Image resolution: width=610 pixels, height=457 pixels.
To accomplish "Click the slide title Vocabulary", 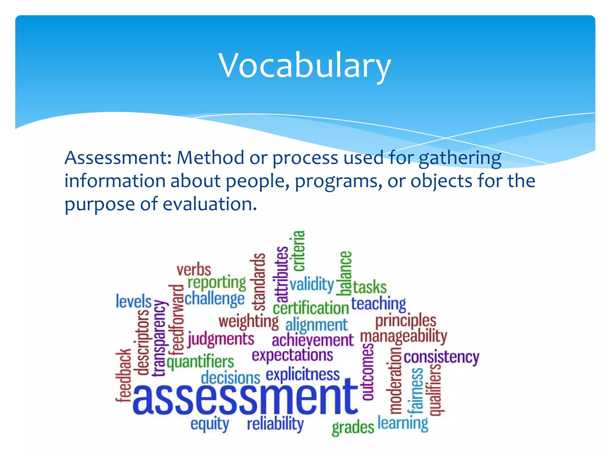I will click(304, 65).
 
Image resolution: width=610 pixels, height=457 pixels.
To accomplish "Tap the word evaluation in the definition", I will click(209, 204).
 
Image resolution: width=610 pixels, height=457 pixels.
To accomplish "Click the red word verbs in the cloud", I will click(194, 270).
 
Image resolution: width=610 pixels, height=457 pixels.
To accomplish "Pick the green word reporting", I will click(217, 283).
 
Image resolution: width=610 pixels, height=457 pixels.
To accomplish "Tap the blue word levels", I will click(133, 301).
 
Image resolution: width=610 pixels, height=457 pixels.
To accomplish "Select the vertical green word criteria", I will click(299, 251).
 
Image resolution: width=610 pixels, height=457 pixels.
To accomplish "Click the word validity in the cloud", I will click(312, 284).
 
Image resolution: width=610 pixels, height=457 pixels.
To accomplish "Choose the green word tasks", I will click(370, 287).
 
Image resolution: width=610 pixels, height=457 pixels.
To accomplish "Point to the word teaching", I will click(378, 304).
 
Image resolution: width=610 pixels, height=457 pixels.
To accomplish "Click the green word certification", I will click(311, 308).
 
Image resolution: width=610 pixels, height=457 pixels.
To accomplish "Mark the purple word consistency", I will click(441, 357).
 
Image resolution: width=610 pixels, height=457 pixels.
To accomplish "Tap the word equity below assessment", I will click(210, 424).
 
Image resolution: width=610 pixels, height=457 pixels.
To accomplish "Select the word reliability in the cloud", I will click(275, 424).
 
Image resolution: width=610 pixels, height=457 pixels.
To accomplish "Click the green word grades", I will click(353, 428).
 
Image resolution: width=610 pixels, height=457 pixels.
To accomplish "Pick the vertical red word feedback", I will click(123, 375).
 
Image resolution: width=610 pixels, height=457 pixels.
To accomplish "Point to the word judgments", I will click(221, 340).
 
